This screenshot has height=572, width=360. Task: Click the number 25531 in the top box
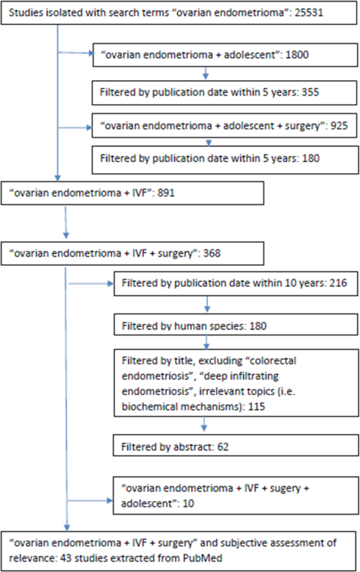309,12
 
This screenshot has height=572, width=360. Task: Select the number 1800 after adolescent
297,55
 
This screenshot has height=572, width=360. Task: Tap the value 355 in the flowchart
310,92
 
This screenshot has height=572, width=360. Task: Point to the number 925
339,126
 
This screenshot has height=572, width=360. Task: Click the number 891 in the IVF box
166,193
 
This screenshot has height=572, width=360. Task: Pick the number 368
212,253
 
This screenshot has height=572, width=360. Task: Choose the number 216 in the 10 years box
338,283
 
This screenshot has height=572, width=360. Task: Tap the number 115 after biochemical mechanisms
257,406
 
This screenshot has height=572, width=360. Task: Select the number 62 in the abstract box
223,447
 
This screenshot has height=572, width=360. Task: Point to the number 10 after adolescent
188,504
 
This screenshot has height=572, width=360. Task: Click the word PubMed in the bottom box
203,558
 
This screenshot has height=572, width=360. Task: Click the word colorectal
273,361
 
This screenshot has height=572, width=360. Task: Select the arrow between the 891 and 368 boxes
66,222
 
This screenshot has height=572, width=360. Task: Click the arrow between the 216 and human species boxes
207,304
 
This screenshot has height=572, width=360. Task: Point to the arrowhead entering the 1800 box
91,53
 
